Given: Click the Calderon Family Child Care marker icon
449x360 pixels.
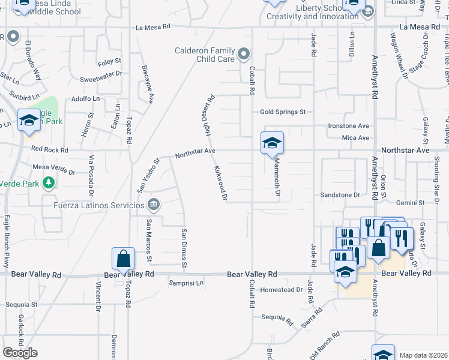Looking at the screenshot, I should [x=243, y=55].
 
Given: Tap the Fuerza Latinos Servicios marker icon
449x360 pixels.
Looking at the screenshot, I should [x=154, y=205].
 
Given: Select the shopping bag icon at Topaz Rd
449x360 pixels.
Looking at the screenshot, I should [x=123, y=259].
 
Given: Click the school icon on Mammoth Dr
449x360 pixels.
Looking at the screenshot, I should [x=271, y=143].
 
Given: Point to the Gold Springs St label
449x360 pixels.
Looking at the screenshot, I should [x=283, y=112].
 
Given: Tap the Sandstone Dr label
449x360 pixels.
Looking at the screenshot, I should [x=340, y=195].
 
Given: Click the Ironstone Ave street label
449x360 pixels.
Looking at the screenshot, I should [x=348, y=126].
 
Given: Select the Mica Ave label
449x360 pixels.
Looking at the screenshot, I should [x=356, y=138].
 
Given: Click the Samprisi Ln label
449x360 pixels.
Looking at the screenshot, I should [x=186, y=283].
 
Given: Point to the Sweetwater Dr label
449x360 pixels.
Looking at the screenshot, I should [x=101, y=80].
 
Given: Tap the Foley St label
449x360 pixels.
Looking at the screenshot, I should [x=109, y=62].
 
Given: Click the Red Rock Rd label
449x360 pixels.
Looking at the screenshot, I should [x=49, y=149].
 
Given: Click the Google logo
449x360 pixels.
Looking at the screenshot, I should [x=20, y=353].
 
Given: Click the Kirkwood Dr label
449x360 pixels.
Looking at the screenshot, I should [x=220, y=184].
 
